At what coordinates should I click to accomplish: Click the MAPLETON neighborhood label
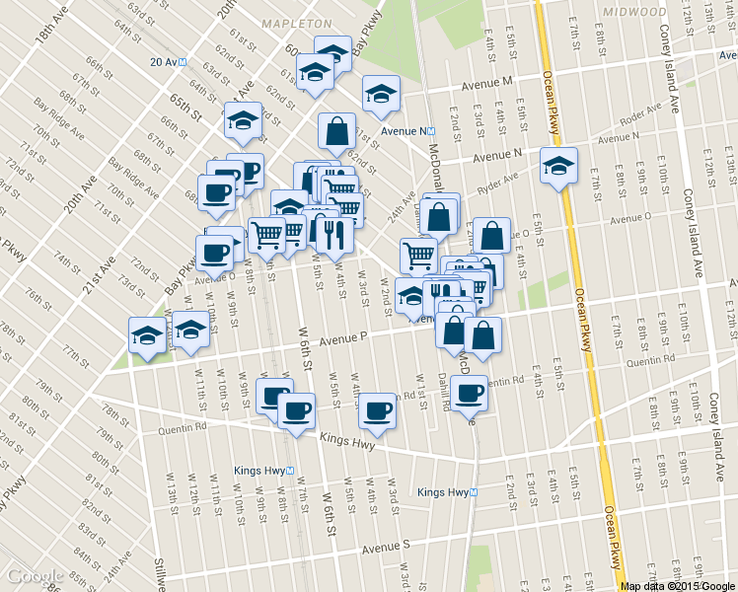tap(296, 22)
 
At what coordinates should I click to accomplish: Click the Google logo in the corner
tap(36, 576)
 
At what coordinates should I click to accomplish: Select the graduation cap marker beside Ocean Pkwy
tap(558, 165)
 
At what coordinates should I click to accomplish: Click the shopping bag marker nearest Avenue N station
tap(336, 130)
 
